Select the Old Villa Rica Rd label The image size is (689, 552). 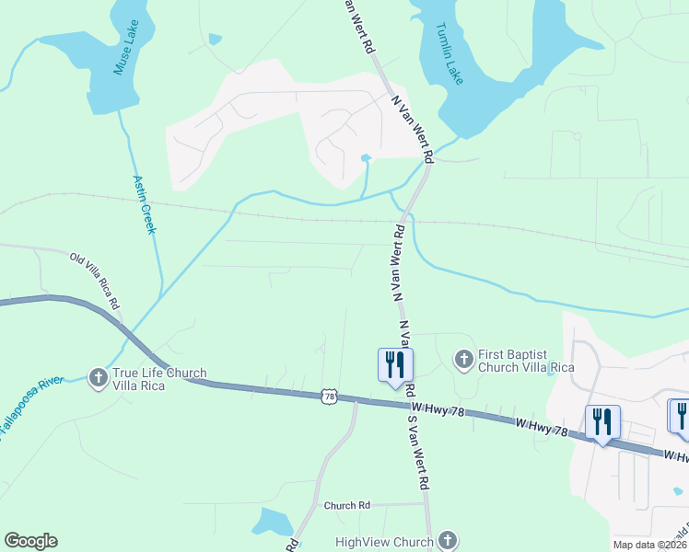click(95, 279)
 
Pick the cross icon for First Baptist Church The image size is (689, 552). click(464, 358)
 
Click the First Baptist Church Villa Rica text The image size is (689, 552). click(525, 360)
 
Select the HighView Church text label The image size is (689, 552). click(384, 541)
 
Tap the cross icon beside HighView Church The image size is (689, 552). click(448, 540)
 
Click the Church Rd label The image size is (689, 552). click(346, 505)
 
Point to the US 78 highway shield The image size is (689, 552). click(330, 396)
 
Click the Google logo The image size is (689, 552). click(30, 541)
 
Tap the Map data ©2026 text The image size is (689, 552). click(649, 545)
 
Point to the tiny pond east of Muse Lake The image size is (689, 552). click(215, 39)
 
